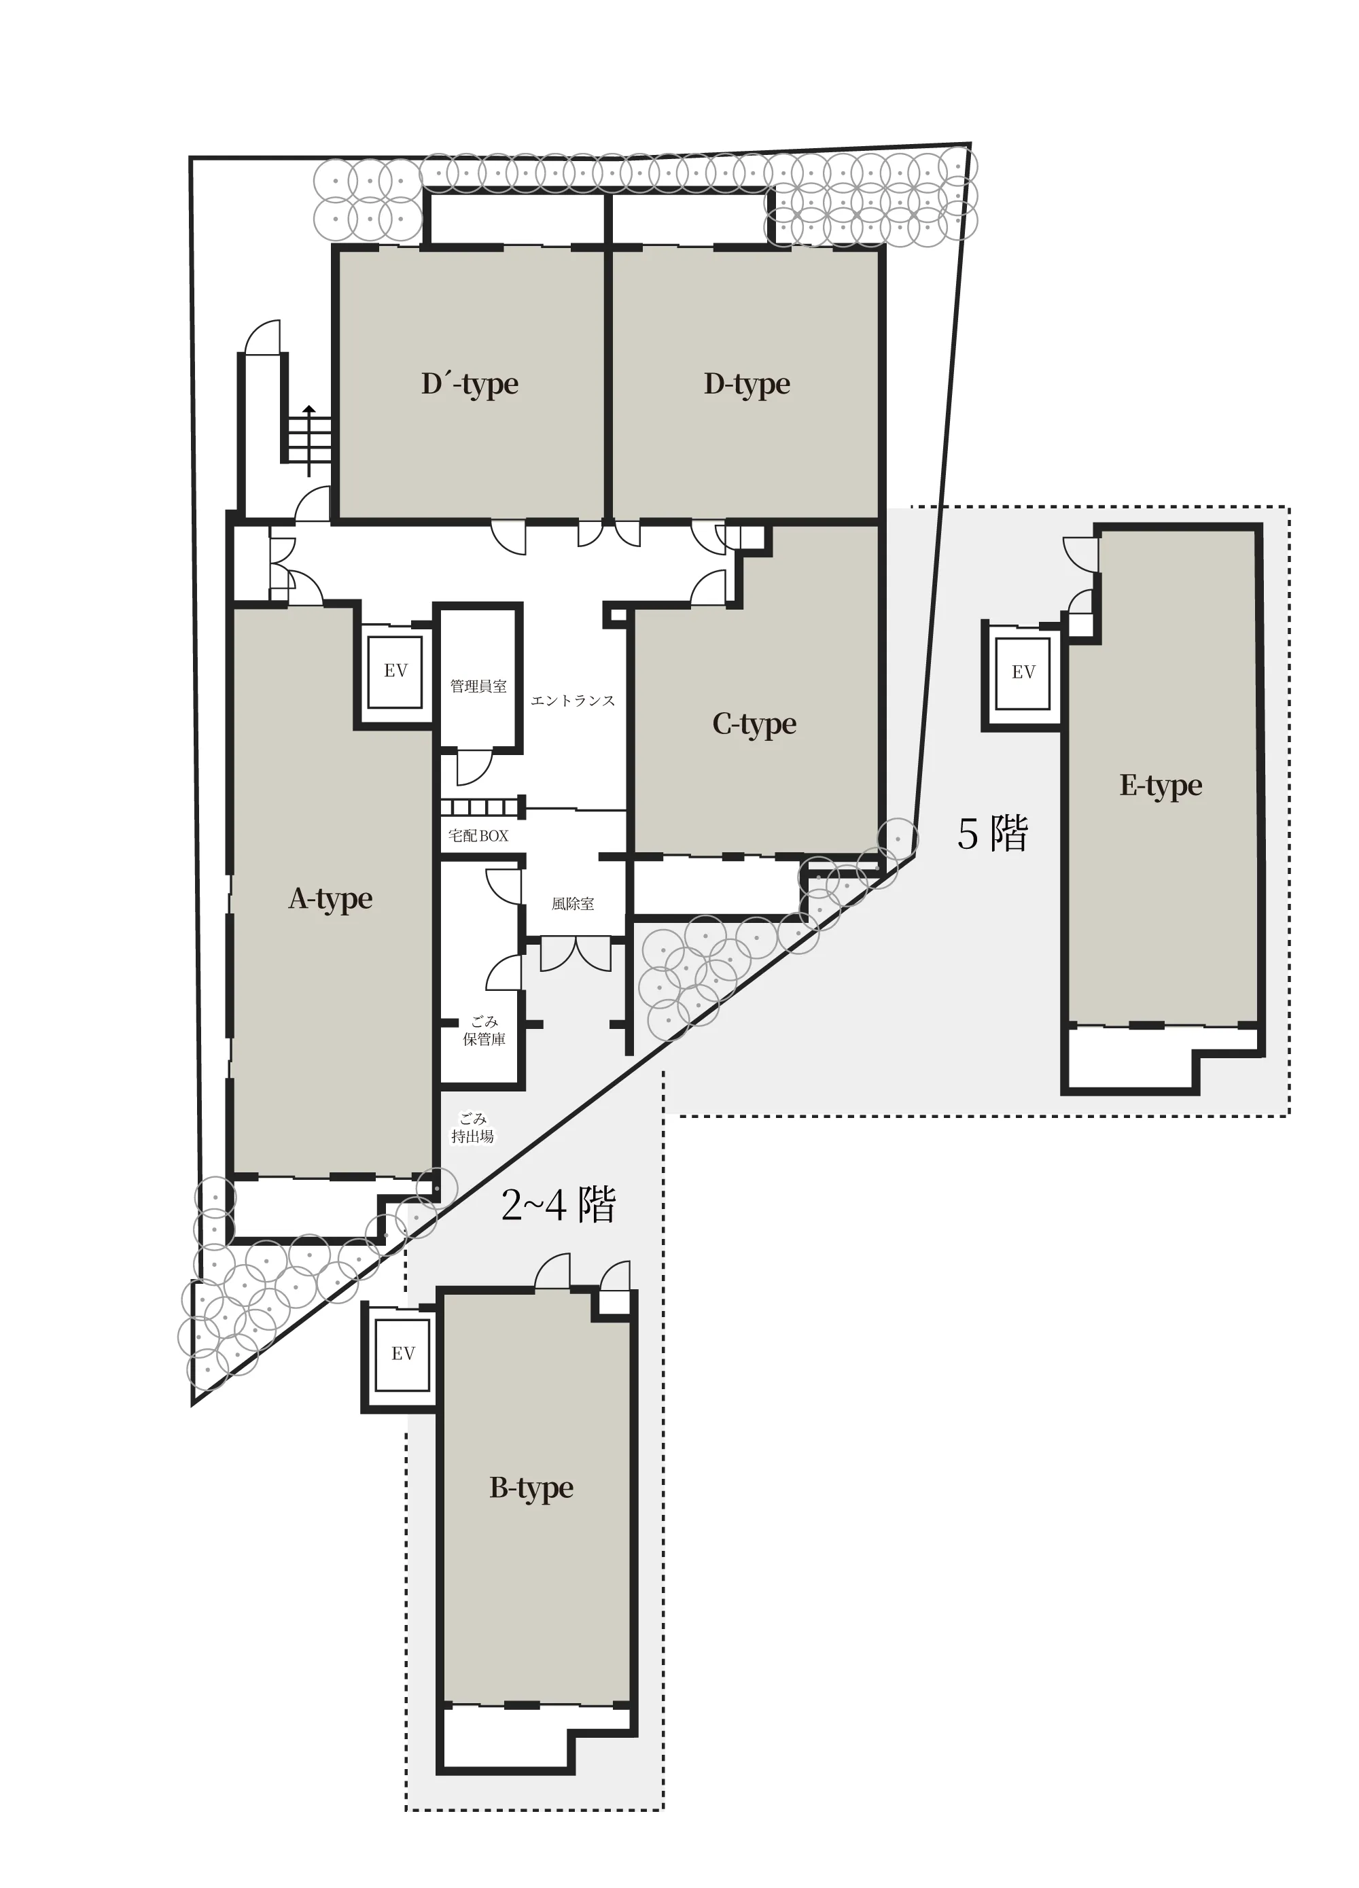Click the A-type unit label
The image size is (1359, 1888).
(x=330, y=899)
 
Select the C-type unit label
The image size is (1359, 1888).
(x=755, y=724)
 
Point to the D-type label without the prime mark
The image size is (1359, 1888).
(x=747, y=384)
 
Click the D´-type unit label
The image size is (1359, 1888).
(x=470, y=384)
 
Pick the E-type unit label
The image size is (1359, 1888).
(x=1161, y=785)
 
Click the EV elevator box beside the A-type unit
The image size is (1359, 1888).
(x=395, y=671)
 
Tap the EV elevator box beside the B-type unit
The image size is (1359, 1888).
(x=403, y=1354)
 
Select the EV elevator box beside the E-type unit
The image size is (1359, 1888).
(x=1023, y=674)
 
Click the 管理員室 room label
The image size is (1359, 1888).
(x=478, y=687)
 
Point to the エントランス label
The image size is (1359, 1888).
(x=573, y=701)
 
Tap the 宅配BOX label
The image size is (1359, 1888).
(x=478, y=835)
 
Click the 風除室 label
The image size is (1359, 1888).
(x=573, y=903)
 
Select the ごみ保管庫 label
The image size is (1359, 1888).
(x=484, y=1030)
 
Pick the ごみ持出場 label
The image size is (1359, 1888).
(x=473, y=1128)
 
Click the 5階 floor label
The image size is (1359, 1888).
(x=993, y=833)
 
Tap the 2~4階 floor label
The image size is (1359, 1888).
(x=559, y=1204)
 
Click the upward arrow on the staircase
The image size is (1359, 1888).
(x=308, y=441)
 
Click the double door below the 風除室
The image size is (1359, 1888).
(x=575, y=954)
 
